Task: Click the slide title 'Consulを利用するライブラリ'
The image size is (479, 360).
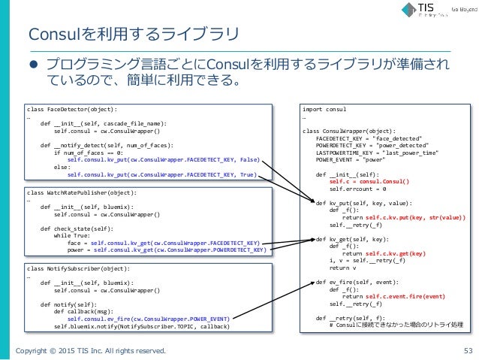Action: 132,35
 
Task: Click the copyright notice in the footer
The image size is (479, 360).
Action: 92,349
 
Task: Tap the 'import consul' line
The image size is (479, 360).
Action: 320,109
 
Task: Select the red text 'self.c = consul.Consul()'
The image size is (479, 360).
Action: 369,181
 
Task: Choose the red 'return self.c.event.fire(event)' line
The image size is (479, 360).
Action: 393,296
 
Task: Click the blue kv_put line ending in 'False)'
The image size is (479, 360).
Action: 164,159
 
